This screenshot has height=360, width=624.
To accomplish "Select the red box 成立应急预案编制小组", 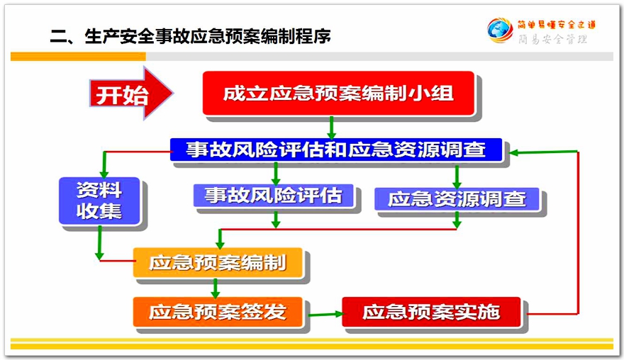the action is [338, 94].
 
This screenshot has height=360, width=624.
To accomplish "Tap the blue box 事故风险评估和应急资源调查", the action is [336, 150].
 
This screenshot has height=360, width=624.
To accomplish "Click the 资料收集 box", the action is [99, 201].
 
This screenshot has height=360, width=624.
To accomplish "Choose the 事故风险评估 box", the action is [274, 196].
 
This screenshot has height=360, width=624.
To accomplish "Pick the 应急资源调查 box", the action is [457, 199].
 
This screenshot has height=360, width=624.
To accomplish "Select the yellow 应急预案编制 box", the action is [218, 262].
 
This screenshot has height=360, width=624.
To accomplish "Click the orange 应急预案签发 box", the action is [218, 312].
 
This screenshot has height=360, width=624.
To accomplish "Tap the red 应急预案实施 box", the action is [431, 312].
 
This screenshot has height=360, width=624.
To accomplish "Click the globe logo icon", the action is [500, 30].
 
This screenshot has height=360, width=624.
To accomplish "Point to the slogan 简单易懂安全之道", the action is [557, 25].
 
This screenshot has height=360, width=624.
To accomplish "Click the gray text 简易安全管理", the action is [553, 39].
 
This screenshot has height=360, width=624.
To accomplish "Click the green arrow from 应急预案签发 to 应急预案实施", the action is [325, 314].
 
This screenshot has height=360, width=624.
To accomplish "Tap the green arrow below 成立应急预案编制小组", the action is [331, 128].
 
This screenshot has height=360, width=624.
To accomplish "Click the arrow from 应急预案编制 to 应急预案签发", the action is [216, 288].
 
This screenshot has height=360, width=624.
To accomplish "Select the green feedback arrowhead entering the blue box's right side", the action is [514, 153].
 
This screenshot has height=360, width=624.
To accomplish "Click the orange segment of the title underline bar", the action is [78, 57].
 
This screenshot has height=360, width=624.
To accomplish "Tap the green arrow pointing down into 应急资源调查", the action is [457, 176].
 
